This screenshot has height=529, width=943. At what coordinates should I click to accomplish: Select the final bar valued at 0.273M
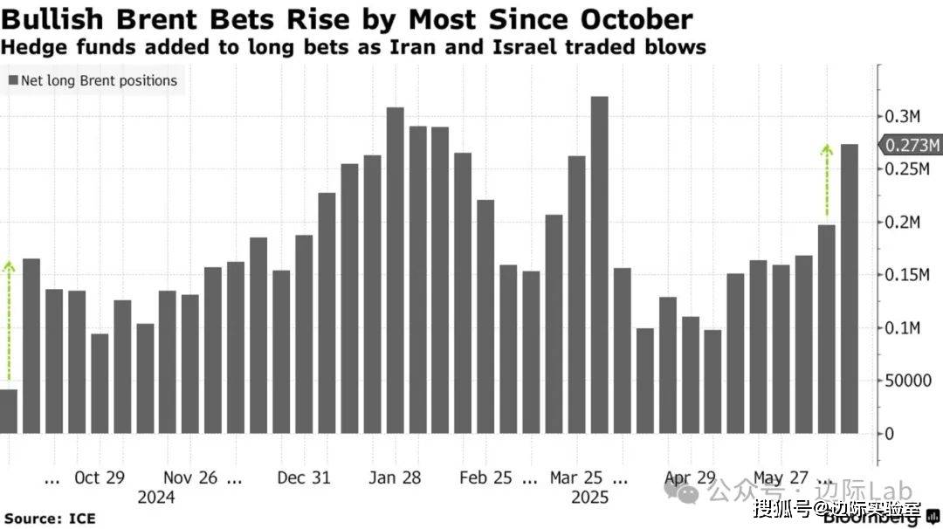click(x=849, y=288)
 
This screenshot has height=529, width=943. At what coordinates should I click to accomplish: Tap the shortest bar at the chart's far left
click(x=8, y=411)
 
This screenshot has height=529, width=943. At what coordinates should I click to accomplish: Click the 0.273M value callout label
click(x=912, y=145)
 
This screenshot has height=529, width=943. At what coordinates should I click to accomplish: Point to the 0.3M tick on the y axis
click(x=903, y=117)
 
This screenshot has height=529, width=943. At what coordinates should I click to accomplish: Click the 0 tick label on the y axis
click(x=891, y=434)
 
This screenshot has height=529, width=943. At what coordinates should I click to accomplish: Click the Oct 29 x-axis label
click(x=99, y=478)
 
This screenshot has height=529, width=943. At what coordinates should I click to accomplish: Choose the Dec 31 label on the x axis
click(x=304, y=478)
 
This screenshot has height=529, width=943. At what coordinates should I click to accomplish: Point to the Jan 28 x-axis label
click(x=395, y=478)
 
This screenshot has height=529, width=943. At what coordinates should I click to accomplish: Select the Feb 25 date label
click(x=485, y=478)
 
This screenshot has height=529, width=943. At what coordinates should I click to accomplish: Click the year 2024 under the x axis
click(x=155, y=498)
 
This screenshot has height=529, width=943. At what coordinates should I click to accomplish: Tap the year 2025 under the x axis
click(x=589, y=498)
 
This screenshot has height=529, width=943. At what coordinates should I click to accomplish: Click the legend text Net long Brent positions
click(x=99, y=81)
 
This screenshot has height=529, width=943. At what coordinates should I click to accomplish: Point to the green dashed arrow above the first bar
click(x=9, y=323)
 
